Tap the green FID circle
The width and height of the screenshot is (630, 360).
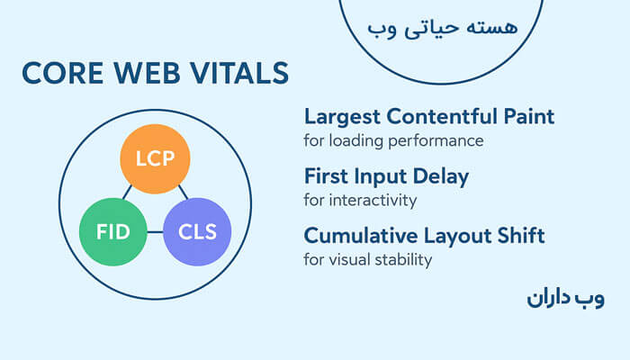pos(113,231)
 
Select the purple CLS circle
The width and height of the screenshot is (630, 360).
pos(197,231)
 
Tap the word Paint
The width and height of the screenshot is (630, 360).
pos(529,117)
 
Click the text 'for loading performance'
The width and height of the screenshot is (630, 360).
pos(393,140)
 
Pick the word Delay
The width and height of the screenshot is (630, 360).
pos(440,176)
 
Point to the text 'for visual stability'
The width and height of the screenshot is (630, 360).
pos(368,260)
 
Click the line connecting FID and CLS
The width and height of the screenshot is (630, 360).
pos(155,232)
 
